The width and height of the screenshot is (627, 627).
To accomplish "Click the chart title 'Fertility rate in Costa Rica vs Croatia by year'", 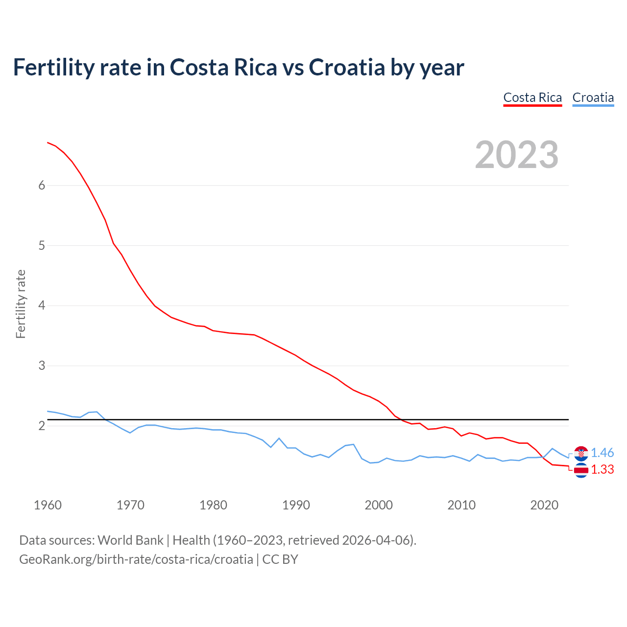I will [239, 68].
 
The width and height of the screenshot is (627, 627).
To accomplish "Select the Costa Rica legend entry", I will [532, 97].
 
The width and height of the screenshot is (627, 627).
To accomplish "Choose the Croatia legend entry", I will [593, 97].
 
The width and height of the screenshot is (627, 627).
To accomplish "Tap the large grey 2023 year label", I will [517, 155].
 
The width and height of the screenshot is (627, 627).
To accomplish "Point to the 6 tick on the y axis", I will [42, 185].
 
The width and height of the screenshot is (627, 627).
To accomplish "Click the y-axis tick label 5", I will [42, 245].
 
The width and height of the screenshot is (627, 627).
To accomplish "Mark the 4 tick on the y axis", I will [42, 306].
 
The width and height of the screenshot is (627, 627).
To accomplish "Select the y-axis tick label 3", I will [42, 366].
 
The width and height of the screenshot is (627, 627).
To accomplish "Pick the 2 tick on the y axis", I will [42, 426].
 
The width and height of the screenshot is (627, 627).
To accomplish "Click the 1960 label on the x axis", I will [48, 505].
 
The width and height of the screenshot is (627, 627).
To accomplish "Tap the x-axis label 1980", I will [213, 505].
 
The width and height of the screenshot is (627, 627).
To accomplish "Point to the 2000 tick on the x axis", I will [379, 505].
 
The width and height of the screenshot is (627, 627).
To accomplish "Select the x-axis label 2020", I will [544, 505].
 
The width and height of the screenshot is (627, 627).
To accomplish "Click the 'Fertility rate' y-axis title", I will [21, 304].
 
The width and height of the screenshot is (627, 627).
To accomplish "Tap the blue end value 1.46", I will [602, 453].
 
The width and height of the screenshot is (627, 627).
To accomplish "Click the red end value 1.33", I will [602, 469].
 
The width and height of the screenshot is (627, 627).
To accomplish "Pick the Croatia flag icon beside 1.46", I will [581, 453].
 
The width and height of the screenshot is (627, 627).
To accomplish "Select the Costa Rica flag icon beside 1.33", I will [581, 470].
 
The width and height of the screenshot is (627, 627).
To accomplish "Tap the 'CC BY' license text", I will [280, 559].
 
